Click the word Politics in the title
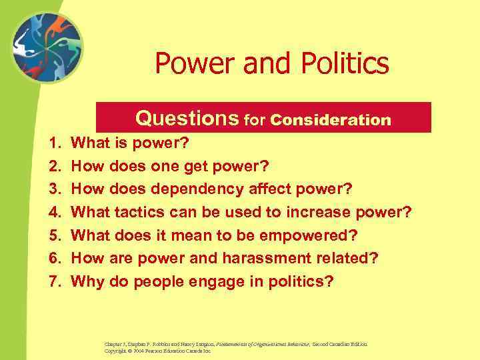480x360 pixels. coord(343,64)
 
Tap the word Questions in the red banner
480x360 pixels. coord(187,118)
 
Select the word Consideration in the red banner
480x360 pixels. coord(331,120)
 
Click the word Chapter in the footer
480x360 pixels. coord(115,344)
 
